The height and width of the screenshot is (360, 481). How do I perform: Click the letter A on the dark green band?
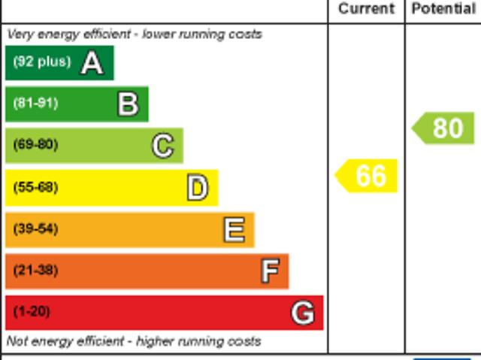pyautogui.click(x=92, y=63)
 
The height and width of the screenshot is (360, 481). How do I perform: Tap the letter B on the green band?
pyautogui.click(x=128, y=104)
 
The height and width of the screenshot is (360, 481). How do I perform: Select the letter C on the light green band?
pyautogui.click(x=162, y=146)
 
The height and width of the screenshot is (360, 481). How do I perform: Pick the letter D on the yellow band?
pyautogui.click(x=197, y=188)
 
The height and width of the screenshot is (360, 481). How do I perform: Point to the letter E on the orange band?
pyautogui.click(x=234, y=229)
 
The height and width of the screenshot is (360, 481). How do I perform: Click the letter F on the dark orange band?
pyautogui.click(x=270, y=271)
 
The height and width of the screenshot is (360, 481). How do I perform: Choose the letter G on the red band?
pyautogui.click(x=303, y=312)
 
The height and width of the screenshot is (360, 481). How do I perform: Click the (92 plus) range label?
pyautogui.click(x=41, y=62)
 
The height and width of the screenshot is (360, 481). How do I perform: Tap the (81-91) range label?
pyautogui.click(x=35, y=104)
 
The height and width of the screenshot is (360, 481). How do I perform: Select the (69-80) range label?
pyautogui.click(x=35, y=145)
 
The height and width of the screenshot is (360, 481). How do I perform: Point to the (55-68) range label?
pyautogui.click(x=35, y=187)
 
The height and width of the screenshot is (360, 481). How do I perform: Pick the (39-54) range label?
pyautogui.click(x=35, y=228)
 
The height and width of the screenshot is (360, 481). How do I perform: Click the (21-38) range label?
pyautogui.click(x=35, y=270)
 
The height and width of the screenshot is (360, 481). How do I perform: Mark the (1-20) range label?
pyautogui.click(x=32, y=311)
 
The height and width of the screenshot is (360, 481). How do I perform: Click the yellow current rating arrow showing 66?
pyautogui.click(x=367, y=176)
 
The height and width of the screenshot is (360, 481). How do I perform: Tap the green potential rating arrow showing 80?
pyautogui.click(x=444, y=128)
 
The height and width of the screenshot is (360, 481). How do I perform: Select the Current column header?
pyautogui.click(x=366, y=9)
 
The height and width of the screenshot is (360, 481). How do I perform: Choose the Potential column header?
pyautogui.click(x=443, y=9)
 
